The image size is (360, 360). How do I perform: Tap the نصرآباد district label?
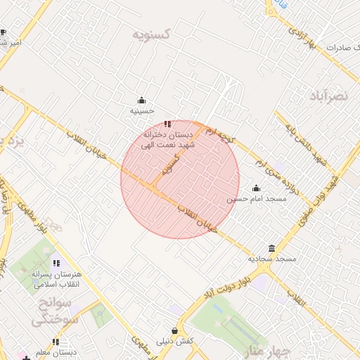click(x=328, y=96)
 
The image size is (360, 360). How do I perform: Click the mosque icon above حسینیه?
click(x=141, y=100)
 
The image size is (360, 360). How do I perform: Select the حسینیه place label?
click(x=141, y=111)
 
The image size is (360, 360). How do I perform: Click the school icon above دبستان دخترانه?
click(x=167, y=124)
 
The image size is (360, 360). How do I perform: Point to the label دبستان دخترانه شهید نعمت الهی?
click(x=169, y=139)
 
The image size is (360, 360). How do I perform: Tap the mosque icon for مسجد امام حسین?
click(x=256, y=188)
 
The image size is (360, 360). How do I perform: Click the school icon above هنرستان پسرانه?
click(x=56, y=264)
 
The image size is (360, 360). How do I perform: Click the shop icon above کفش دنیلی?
click(x=174, y=330)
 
